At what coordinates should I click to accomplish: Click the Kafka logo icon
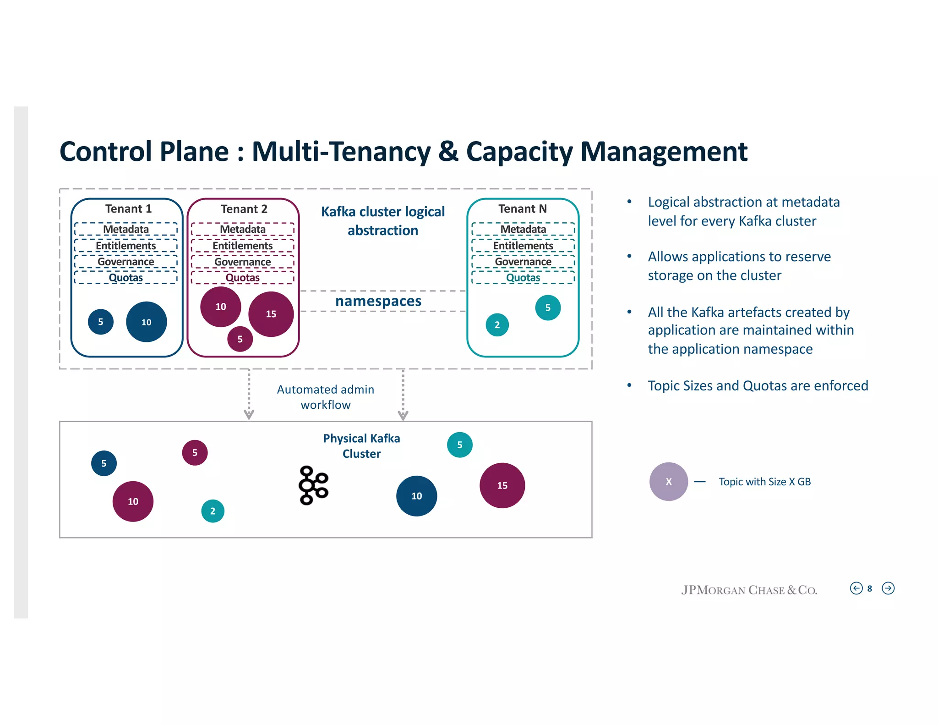(x=313, y=485)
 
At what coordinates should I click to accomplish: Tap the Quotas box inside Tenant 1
(x=126, y=278)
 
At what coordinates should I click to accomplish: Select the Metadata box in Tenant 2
(x=243, y=229)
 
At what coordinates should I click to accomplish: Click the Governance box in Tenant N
(x=523, y=262)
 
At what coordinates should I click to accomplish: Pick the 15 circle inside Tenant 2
(x=271, y=314)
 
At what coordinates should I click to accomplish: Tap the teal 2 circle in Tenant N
(x=497, y=325)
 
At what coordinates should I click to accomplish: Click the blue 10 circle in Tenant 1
(x=146, y=322)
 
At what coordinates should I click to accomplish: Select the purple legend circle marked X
(x=668, y=482)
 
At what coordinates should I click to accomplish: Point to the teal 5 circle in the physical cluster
(x=459, y=445)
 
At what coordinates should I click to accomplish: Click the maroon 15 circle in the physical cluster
(x=502, y=486)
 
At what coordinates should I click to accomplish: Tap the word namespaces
(x=378, y=301)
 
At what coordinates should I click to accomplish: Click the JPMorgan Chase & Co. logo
(x=749, y=590)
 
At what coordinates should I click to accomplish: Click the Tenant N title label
(x=523, y=209)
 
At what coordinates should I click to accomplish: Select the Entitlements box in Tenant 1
(x=126, y=246)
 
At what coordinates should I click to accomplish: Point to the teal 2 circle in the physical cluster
(x=213, y=511)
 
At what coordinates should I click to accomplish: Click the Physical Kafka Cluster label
(x=361, y=446)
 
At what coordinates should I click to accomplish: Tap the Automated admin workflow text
(x=326, y=397)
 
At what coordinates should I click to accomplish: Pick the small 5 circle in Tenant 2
(x=240, y=339)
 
